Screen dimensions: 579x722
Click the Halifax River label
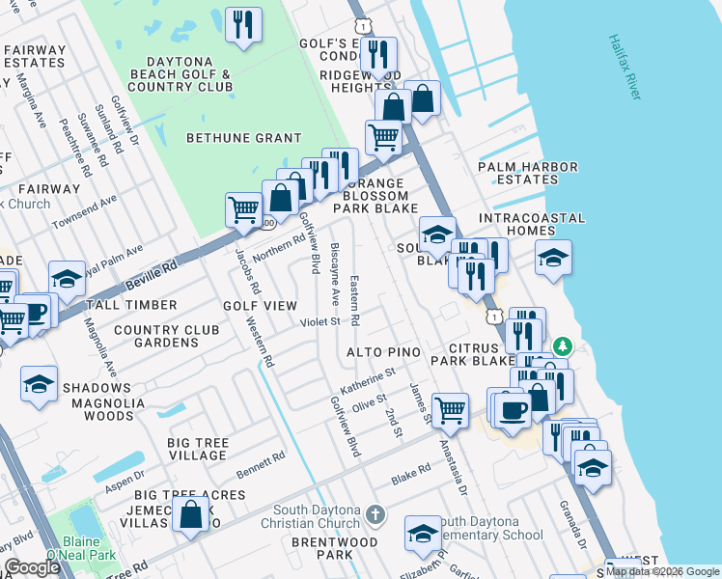point(625,68)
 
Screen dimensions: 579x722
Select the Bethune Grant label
point(244,138)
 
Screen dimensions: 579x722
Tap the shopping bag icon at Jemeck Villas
point(192,514)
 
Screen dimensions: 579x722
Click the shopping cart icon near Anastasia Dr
point(450,409)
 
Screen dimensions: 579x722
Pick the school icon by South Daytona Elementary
point(423,534)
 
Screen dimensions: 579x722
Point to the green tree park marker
point(563,345)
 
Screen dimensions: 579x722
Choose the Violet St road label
point(320,321)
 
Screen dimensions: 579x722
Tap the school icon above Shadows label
point(39,384)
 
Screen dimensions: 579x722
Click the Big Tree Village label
point(198,449)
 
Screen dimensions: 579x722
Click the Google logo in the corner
point(32,567)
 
